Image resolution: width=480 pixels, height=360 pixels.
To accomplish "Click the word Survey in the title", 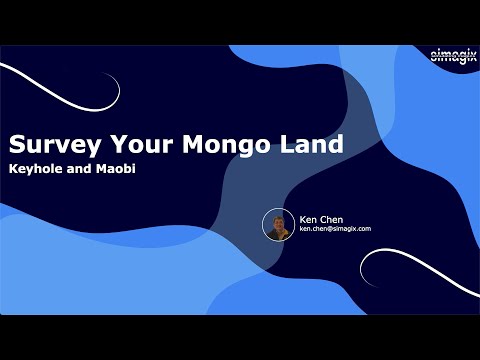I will pyautogui.click(x=50, y=144).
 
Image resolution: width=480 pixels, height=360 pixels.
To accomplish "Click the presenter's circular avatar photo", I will pyautogui.click(x=277, y=224).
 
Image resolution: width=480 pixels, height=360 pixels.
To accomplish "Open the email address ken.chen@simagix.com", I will pyautogui.click(x=335, y=229).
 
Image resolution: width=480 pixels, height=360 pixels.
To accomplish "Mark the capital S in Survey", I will pyautogui.click(x=17, y=144).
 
